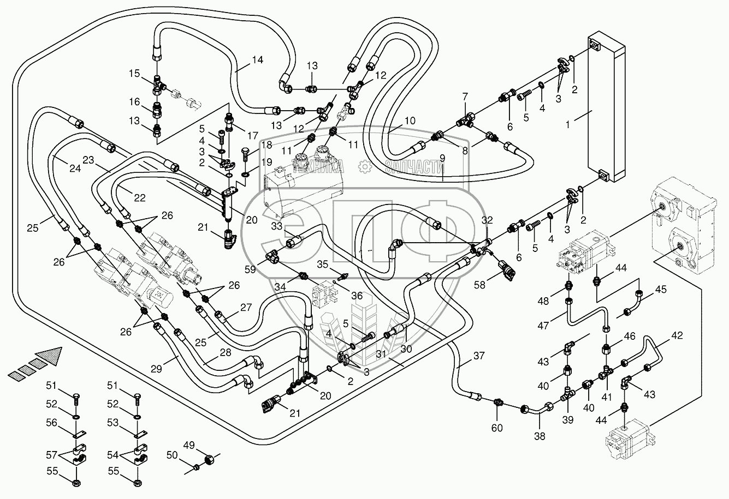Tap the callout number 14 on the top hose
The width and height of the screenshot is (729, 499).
coord(257,60)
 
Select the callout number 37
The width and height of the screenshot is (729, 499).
coord(478,356)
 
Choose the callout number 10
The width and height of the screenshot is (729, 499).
coord(410,120)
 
